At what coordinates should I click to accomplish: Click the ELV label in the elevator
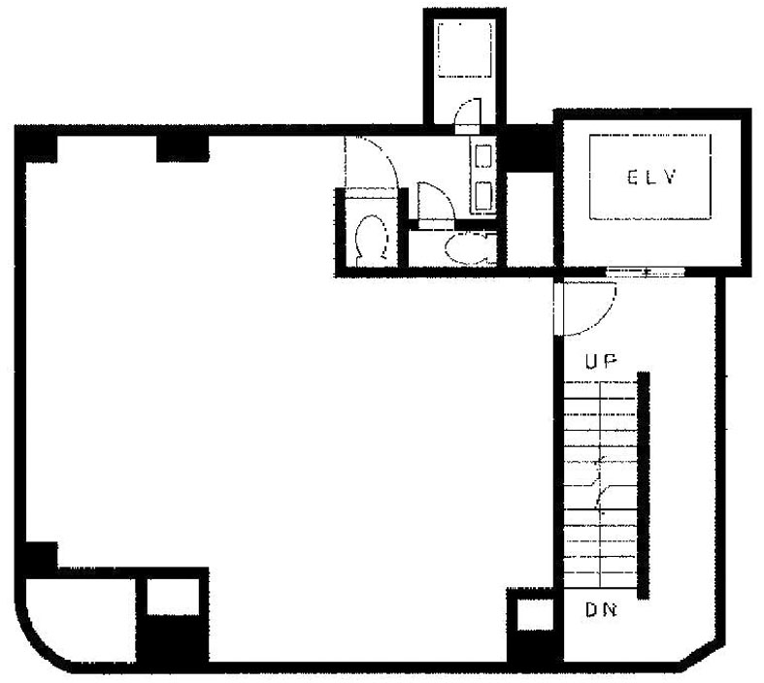pos(652,177)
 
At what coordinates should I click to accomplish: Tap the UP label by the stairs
pos(601,361)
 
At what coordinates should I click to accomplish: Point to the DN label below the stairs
pos(601,609)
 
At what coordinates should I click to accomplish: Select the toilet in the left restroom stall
pos(372,240)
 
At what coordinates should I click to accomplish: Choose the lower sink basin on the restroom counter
pos(482,195)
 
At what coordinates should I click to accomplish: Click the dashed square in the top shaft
pos(464,49)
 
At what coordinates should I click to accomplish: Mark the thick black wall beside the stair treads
pos(644,485)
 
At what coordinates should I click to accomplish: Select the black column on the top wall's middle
pos(183,148)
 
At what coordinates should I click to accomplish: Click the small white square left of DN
pos(535,614)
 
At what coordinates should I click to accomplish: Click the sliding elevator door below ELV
pos(646,272)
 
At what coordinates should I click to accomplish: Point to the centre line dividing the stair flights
pos(600,485)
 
